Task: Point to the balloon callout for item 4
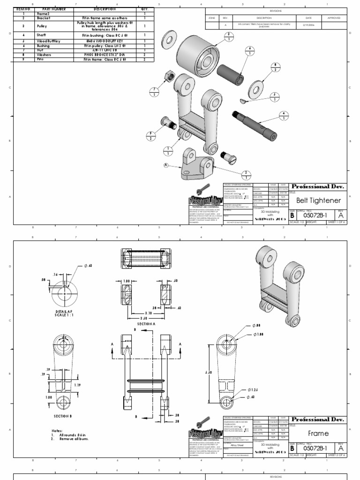click(284, 116)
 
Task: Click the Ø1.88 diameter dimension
click(259, 334)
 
